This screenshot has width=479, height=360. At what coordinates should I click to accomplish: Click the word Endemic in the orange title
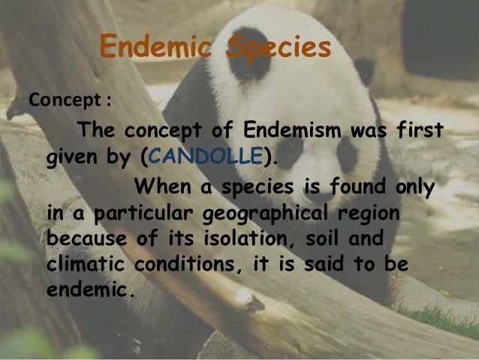pos(155,48)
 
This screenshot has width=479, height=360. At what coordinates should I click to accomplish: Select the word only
pos(412,185)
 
